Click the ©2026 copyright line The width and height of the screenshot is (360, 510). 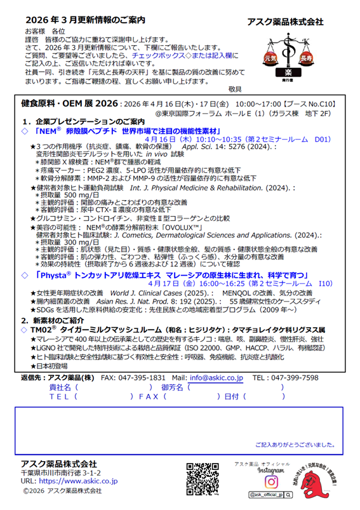coord(62,490)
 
